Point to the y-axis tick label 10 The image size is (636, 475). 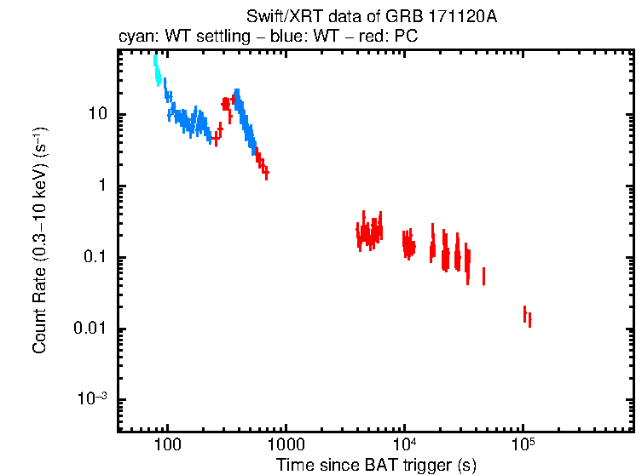(x=96, y=114)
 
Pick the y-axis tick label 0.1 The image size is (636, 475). (x=94, y=257)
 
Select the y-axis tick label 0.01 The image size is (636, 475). (x=90, y=329)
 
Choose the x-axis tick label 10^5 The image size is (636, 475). (x=523, y=445)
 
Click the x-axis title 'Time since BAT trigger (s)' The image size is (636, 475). (x=376, y=465)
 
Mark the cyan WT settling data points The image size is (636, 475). (x=157, y=70)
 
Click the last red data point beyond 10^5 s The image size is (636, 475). (x=529, y=320)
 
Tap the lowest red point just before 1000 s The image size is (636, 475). (x=267, y=173)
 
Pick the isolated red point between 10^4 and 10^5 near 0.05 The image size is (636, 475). (x=483, y=276)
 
